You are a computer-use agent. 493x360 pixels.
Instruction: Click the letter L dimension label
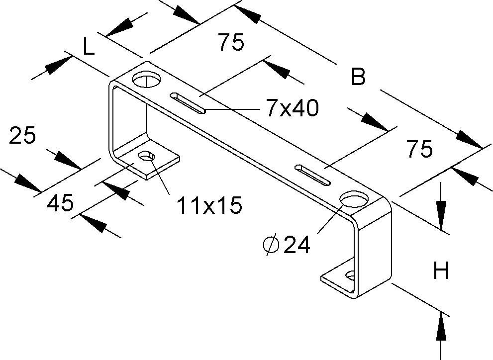click(x=88, y=47)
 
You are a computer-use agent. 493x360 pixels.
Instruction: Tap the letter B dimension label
click(x=358, y=78)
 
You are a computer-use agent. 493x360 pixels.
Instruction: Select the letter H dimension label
click(x=441, y=271)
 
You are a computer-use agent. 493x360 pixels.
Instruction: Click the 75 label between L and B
click(x=231, y=43)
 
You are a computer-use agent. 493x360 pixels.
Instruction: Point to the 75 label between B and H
click(x=419, y=149)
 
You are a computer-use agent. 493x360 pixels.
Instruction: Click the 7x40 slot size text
click(x=292, y=109)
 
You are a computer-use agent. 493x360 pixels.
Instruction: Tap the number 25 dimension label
click(x=23, y=135)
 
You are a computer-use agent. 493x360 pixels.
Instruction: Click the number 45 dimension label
click(x=61, y=203)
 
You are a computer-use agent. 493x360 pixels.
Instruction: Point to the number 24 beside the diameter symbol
click(x=297, y=245)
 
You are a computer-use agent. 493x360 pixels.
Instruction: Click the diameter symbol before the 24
click(x=271, y=245)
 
